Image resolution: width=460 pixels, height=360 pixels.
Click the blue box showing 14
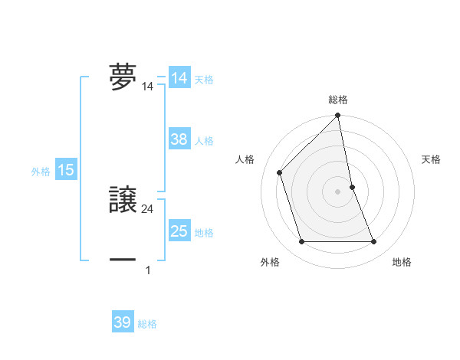click(x=179, y=78)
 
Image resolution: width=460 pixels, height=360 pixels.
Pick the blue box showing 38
click(x=179, y=139)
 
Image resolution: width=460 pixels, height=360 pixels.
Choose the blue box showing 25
click(x=179, y=231)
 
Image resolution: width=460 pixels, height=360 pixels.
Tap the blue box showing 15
click(x=66, y=171)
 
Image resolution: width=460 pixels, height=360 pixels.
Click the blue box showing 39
click(x=123, y=322)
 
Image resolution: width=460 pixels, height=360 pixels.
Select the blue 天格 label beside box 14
click(x=204, y=80)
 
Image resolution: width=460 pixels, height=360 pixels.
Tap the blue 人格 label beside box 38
click(x=204, y=141)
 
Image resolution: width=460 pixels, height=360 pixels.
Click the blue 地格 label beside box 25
click(x=204, y=233)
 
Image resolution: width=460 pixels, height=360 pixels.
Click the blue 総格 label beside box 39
click(x=147, y=324)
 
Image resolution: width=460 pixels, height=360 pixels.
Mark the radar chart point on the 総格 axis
click(x=338, y=116)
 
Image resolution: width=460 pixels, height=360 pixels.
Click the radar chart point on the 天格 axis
click(x=352, y=186)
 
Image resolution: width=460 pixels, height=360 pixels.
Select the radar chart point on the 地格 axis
click(x=374, y=242)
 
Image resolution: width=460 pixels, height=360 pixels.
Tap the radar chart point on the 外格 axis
click(x=301, y=242)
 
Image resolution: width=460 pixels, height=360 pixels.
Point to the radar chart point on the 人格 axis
click(x=279, y=172)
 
